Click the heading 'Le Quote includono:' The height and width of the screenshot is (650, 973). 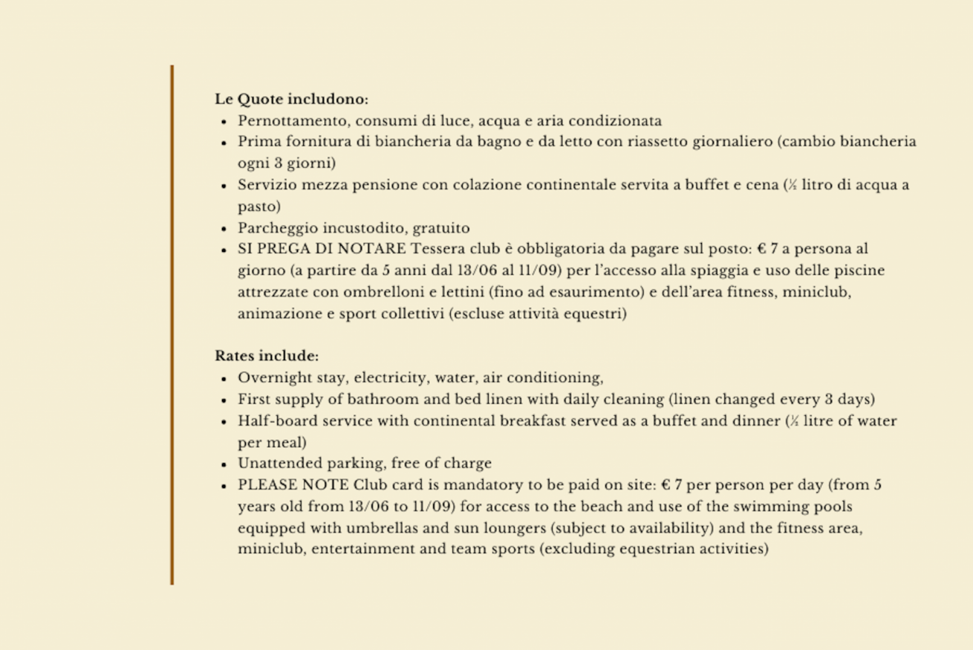[x=292, y=99]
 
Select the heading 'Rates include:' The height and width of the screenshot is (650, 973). [x=267, y=356]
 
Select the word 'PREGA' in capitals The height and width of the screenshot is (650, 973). [x=280, y=249]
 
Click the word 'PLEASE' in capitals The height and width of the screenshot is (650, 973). [x=267, y=485]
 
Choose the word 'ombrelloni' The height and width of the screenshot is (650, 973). [x=359, y=292]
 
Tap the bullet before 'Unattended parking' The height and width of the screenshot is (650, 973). [x=224, y=464]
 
